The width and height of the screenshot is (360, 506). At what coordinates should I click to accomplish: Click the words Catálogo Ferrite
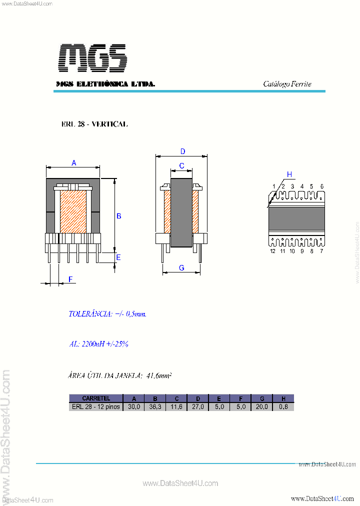[x=287, y=84]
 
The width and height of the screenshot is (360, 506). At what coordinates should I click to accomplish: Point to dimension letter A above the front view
[x=74, y=163]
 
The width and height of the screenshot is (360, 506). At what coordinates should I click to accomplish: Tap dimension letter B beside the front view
[x=119, y=216]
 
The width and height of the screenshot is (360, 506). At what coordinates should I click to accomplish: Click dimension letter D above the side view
[x=183, y=151]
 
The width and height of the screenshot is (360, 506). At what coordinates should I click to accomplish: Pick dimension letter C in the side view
[x=181, y=166]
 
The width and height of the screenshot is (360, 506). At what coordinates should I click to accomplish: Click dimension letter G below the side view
[x=181, y=268]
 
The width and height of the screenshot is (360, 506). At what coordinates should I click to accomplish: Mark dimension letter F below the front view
[x=70, y=279]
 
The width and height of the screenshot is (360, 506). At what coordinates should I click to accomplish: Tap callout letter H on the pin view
[x=289, y=174]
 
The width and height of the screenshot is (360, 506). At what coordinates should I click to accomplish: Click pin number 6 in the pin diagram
[x=322, y=186]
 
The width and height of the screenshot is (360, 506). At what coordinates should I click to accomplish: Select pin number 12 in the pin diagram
[x=273, y=251]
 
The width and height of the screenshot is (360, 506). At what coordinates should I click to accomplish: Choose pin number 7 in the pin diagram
[x=321, y=251]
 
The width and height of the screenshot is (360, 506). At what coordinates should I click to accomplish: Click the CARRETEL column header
[x=96, y=398]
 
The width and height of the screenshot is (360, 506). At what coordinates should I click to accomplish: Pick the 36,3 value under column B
[x=155, y=407]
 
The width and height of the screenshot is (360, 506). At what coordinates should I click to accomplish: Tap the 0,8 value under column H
[x=283, y=407]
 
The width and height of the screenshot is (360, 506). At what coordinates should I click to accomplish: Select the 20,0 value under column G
[x=261, y=407]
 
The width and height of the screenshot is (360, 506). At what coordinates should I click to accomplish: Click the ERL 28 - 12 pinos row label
[x=96, y=407]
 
